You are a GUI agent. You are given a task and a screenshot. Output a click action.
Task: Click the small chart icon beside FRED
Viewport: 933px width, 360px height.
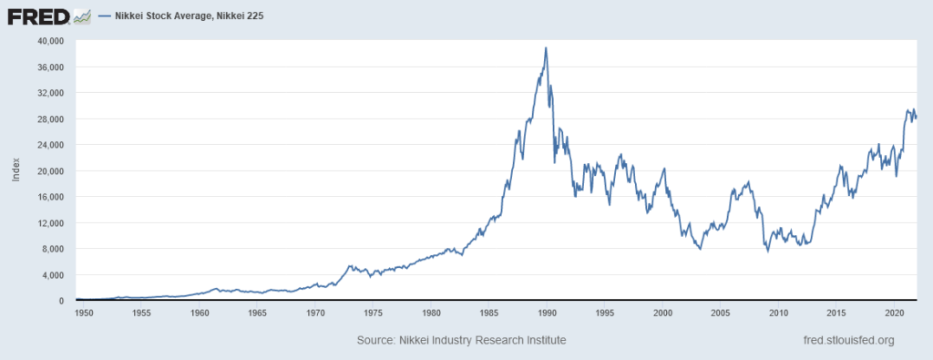pyautogui.click(x=81, y=15)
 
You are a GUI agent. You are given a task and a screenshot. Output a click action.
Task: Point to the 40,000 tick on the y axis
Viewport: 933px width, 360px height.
pyautogui.click(x=51, y=41)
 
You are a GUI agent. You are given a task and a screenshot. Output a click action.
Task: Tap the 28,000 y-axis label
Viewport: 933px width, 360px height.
pyautogui.click(x=51, y=119)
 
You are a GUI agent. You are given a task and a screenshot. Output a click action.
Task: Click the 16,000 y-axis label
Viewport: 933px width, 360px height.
pyautogui.click(x=51, y=197)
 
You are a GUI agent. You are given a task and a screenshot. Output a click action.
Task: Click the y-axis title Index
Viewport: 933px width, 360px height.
pyautogui.click(x=16, y=170)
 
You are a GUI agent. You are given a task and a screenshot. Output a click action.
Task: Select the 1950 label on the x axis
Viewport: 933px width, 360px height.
pyautogui.click(x=84, y=313)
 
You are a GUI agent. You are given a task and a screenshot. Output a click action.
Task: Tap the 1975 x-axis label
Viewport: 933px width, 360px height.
pyautogui.click(x=373, y=313)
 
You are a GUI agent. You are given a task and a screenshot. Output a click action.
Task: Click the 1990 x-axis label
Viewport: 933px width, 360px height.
pyautogui.click(x=547, y=313)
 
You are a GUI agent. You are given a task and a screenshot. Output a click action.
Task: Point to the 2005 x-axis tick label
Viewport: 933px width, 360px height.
pyautogui.click(x=720, y=313)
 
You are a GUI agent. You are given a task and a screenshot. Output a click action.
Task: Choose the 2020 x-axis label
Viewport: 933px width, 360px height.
pyautogui.click(x=894, y=313)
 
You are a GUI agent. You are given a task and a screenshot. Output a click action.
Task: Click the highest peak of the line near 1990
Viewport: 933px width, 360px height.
pyautogui.click(x=546, y=48)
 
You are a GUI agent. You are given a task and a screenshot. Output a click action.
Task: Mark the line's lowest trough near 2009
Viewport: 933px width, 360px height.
pyautogui.click(x=767, y=251)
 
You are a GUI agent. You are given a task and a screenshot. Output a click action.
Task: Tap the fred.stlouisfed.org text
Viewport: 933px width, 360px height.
pyautogui.click(x=845, y=340)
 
